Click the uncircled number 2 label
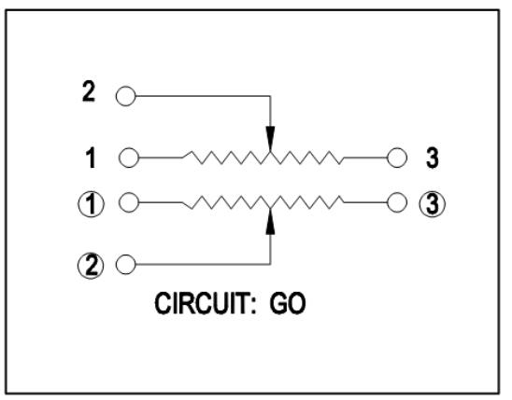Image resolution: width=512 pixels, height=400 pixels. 89,91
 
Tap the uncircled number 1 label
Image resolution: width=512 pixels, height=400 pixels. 91,158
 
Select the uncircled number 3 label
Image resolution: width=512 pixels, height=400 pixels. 433,158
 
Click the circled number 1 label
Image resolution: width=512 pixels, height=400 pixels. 92,204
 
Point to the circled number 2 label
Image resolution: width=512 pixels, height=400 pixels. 91,266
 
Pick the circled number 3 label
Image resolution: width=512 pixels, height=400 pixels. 433,204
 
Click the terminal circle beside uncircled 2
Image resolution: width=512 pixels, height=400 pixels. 126,96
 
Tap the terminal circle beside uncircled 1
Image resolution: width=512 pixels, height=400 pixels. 129,158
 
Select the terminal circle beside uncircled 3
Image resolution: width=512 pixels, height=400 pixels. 397,158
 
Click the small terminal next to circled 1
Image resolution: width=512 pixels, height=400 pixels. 129,202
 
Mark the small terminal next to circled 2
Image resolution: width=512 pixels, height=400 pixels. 126,264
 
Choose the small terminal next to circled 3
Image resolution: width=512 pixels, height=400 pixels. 397,202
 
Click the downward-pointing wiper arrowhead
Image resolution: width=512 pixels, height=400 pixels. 270,139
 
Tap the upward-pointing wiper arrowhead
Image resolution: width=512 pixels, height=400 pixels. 270,221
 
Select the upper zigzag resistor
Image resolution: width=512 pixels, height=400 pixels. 263,158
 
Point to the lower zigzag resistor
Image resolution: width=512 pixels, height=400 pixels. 263,202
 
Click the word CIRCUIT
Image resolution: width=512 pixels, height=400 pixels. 205,304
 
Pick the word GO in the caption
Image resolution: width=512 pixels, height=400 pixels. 288,304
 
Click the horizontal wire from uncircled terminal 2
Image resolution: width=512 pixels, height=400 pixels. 203,96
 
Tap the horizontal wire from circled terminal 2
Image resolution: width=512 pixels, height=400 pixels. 203,264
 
